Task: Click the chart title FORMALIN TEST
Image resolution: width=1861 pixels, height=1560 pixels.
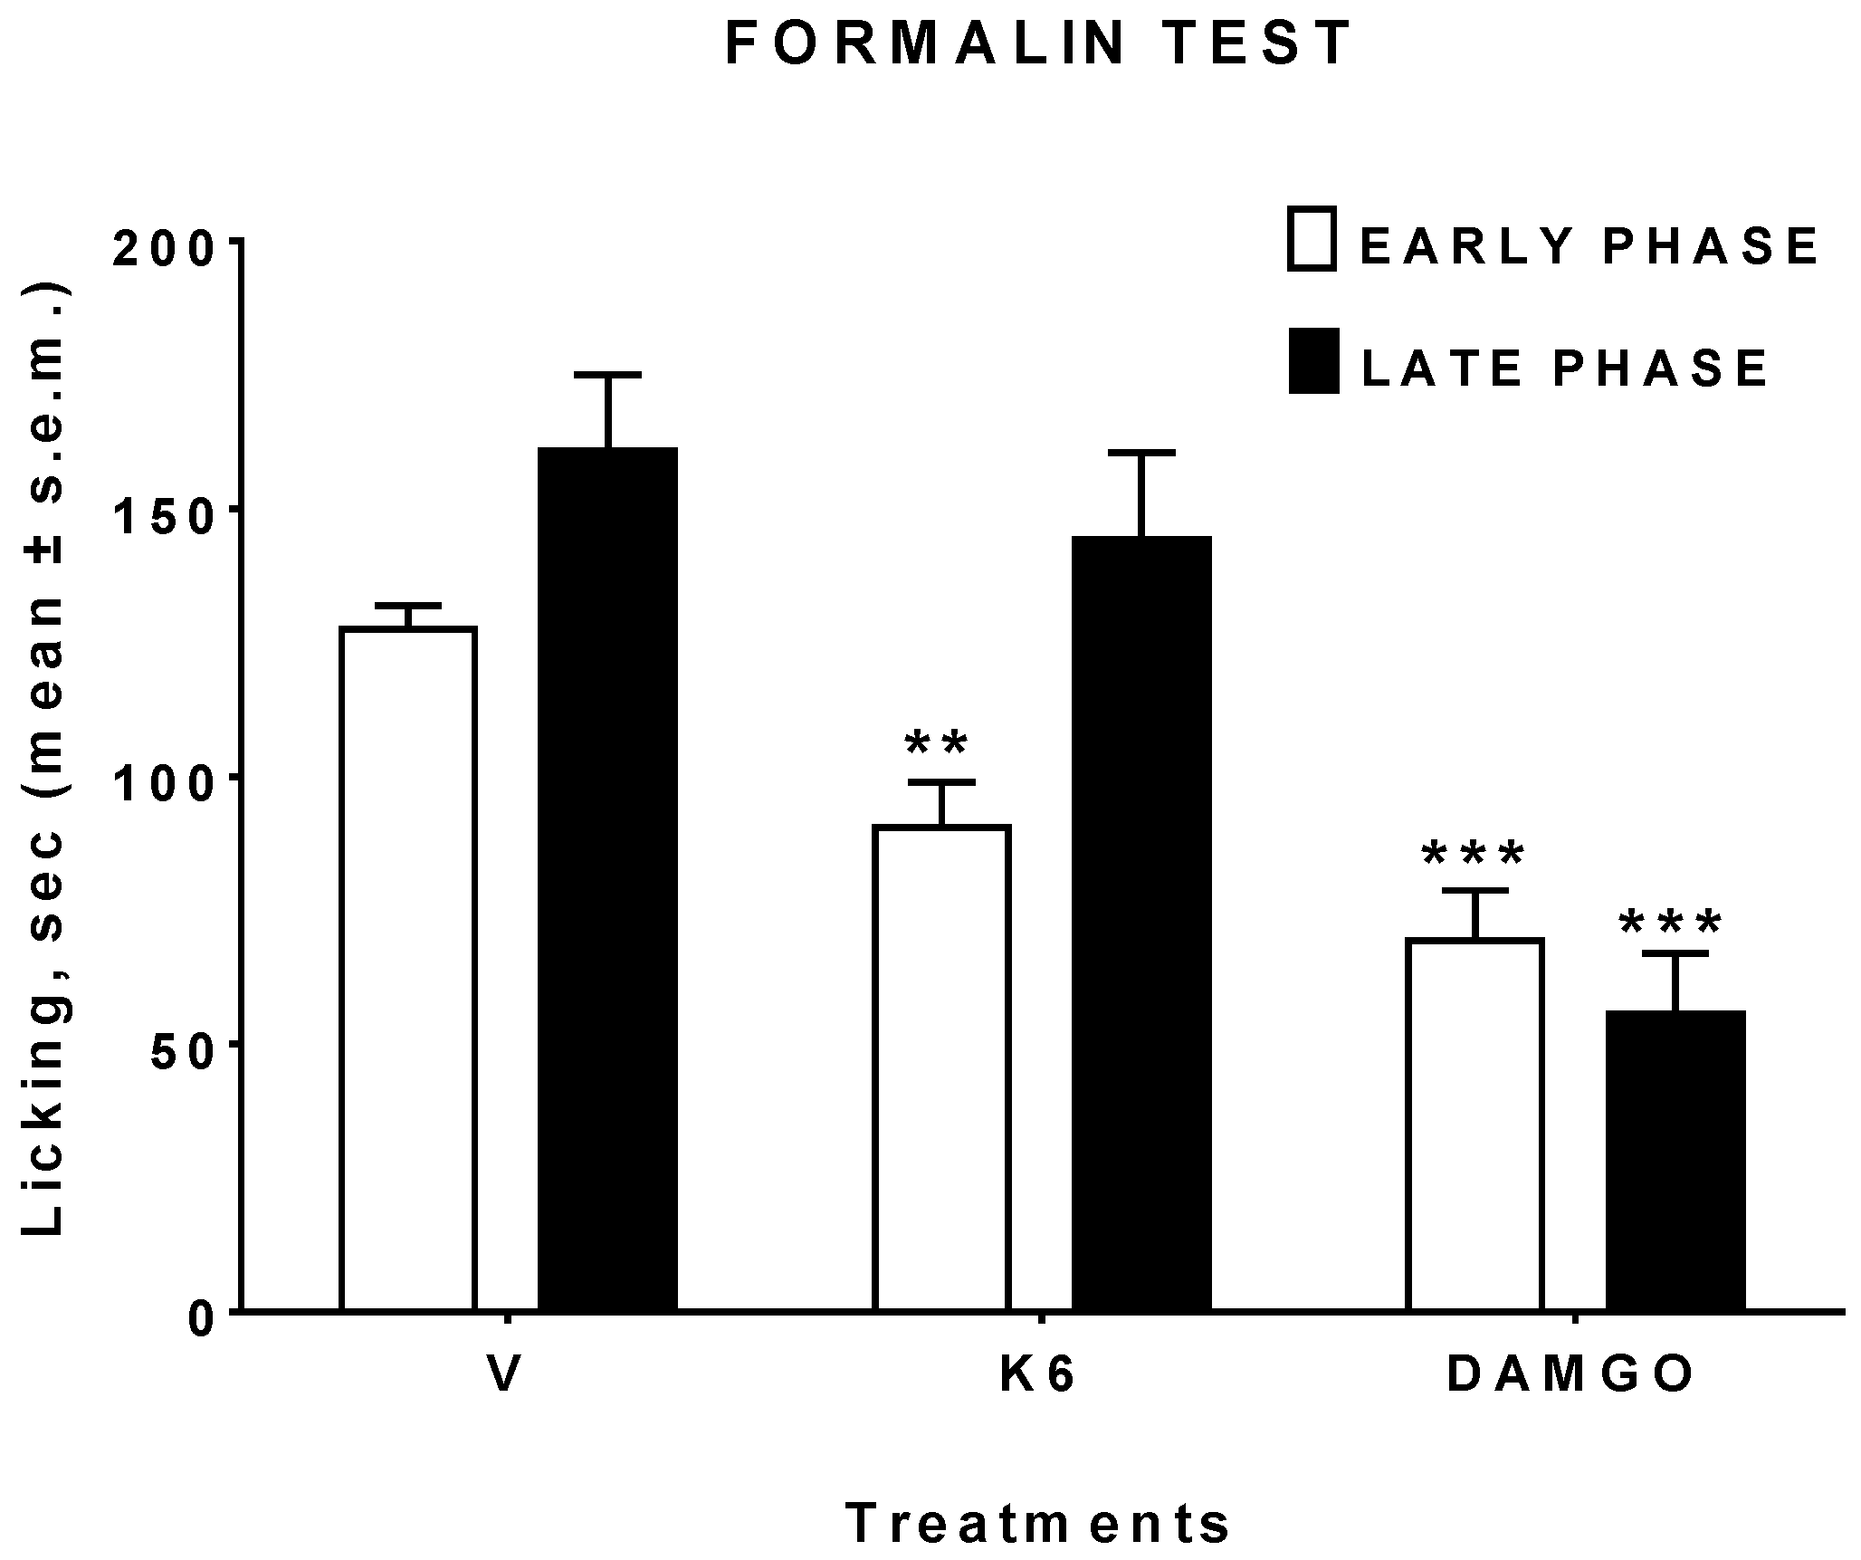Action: click(x=1038, y=44)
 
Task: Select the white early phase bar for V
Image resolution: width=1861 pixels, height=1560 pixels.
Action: click(x=407, y=969)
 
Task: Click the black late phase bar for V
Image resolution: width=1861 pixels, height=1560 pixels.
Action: click(x=608, y=878)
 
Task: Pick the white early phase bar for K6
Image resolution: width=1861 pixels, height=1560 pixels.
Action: click(x=941, y=1068)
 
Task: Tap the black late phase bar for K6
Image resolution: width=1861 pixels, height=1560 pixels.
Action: click(x=1141, y=924)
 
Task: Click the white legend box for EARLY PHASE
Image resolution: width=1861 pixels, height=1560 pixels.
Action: click(x=1312, y=239)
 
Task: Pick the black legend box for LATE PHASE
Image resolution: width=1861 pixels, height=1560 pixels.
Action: click(x=1313, y=361)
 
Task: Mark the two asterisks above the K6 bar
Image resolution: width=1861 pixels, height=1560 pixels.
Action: click(x=937, y=744)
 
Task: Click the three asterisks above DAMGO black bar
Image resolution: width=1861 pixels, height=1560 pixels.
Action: click(x=1670, y=924)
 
